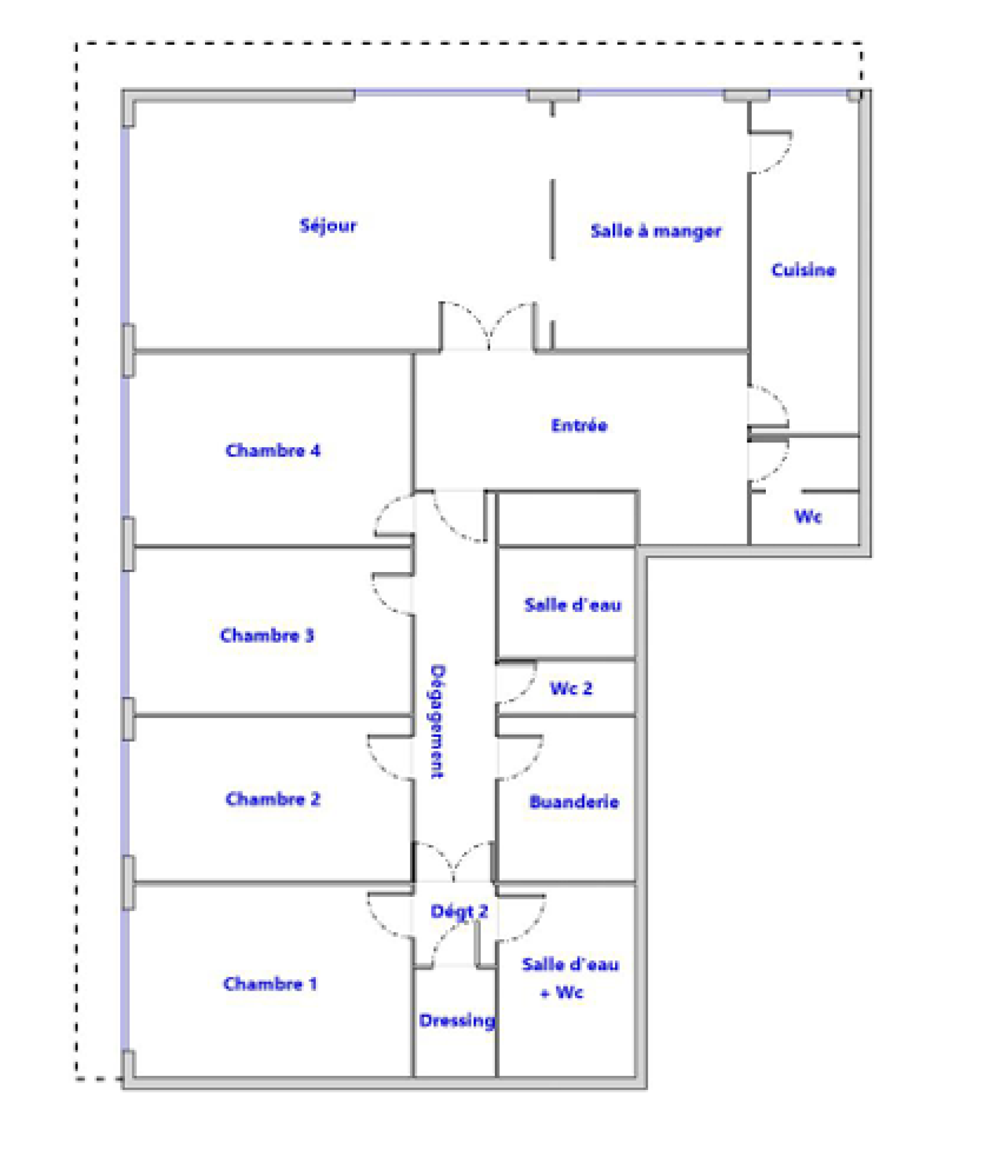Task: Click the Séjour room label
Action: pos(328,226)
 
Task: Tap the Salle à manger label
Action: pos(656,231)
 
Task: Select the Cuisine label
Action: pos(803,270)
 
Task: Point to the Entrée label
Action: pos(579,425)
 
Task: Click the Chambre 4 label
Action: pos(273,450)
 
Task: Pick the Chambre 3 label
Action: pos(267,635)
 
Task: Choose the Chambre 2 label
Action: pos(273,799)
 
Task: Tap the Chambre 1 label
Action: pos(270,984)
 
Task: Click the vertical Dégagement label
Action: pos(438,722)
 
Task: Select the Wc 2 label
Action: pos(571,688)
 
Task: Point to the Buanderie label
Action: pos(574,802)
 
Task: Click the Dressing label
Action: pos(457,1021)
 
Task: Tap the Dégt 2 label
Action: pos(459,912)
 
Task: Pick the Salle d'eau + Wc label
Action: pos(570,978)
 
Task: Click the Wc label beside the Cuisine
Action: pos(808,516)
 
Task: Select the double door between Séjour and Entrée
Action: pos(488,327)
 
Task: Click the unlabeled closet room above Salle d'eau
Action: pos(567,519)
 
